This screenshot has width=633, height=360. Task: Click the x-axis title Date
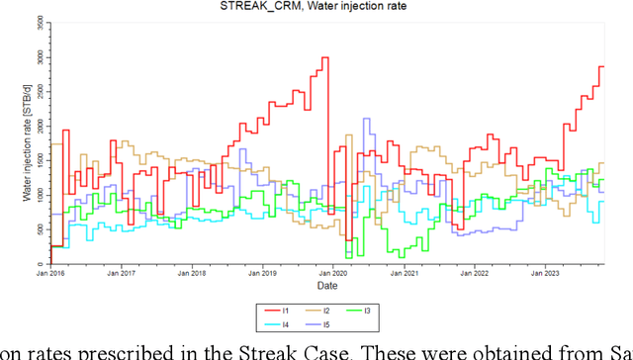pyautogui.click(x=339, y=285)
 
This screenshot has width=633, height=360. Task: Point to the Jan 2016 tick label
pyautogui.click(x=49, y=273)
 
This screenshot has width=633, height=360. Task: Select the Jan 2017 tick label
pyautogui.click(x=121, y=273)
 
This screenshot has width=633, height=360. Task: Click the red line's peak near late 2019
pyautogui.click(x=324, y=57)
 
